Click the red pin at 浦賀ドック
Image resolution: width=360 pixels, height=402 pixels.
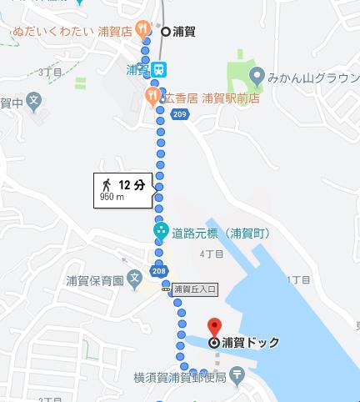pos(214,327)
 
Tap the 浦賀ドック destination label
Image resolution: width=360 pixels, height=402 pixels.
pos(251,342)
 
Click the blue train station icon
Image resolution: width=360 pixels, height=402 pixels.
pos(157,69)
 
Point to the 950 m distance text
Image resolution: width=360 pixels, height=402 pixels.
pos(112,198)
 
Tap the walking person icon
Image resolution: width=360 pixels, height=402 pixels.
pos(106,184)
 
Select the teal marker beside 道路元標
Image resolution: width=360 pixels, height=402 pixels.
pos(159,231)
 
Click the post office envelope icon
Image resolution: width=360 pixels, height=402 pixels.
pos(237,376)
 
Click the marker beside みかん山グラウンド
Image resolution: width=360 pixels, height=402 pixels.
pos(257,76)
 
